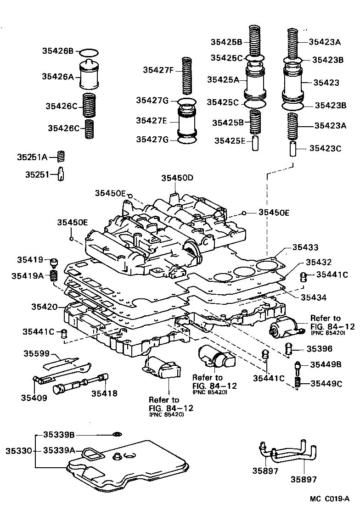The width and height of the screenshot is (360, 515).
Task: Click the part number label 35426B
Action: click(x=58, y=51)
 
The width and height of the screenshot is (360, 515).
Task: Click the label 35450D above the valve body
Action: click(x=177, y=178)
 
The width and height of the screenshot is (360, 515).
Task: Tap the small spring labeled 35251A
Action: click(x=61, y=157)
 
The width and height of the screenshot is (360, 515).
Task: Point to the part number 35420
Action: click(x=44, y=307)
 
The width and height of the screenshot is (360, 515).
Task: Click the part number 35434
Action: click(x=313, y=297)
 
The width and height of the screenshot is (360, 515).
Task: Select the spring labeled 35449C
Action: click(x=298, y=382)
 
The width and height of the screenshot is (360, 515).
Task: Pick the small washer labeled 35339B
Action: click(x=118, y=434)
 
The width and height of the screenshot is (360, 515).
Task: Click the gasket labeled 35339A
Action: click(x=92, y=454)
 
